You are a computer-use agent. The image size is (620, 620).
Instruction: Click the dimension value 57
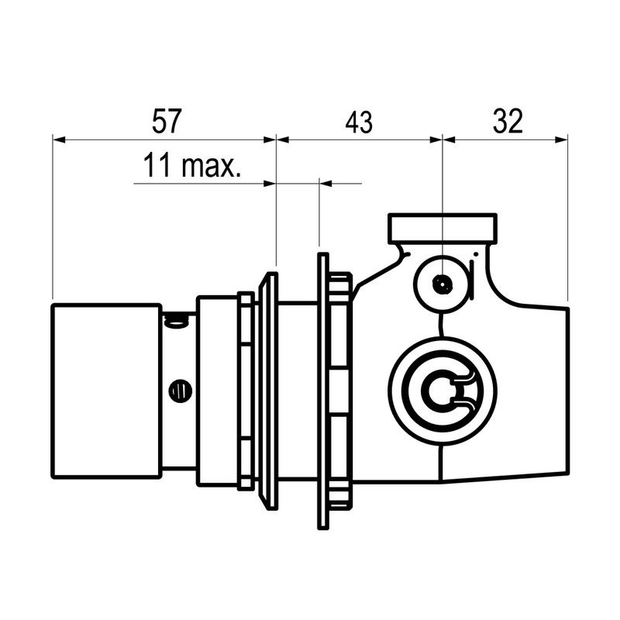click(x=167, y=121)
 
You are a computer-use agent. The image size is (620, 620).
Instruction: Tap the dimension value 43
click(x=359, y=122)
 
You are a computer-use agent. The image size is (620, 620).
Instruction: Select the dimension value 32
click(x=508, y=121)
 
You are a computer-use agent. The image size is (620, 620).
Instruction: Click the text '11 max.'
click(x=191, y=165)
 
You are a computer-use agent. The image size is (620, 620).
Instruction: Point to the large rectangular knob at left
click(x=107, y=391)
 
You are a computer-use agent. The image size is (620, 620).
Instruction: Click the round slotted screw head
click(x=181, y=391)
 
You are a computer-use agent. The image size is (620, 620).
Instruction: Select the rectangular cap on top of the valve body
click(x=443, y=228)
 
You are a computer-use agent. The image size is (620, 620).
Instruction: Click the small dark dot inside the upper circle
click(x=443, y=284)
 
